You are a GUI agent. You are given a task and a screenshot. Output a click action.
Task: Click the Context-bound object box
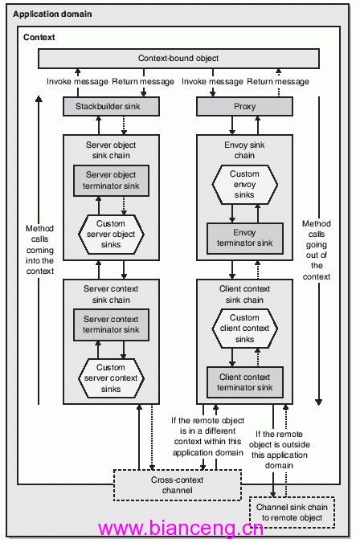(x=178, y=58)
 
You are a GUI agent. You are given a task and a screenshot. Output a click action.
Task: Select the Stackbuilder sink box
(x=111, y=106)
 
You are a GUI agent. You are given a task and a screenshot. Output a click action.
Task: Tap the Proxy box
(x=244, y=106)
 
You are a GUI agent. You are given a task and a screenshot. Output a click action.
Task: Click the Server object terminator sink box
(x=111, y=181)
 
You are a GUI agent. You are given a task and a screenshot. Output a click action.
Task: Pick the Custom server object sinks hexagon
(x=111, y=234)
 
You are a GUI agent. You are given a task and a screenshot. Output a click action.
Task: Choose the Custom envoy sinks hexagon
(x=244, y=184)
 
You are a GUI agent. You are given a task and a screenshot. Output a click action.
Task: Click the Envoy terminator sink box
(x=245, y=238)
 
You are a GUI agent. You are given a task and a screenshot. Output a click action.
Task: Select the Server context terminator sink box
(x=111, y=325)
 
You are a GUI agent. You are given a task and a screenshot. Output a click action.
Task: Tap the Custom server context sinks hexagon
(x=111, y=378)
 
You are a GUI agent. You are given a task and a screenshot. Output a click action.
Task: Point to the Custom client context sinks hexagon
(x=244, y=329)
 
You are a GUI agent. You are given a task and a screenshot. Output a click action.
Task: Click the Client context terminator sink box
(x=245, y=382)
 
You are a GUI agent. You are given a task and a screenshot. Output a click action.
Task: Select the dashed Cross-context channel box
(x=178, y=485)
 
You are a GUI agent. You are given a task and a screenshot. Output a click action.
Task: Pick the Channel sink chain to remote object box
(x=292, y=512)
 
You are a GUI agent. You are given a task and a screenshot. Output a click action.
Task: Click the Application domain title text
(x=52, y=14)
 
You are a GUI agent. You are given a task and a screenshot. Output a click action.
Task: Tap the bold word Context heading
(x=39, y=37)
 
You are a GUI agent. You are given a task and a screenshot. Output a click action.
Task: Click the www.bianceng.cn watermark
(x=181, y=529)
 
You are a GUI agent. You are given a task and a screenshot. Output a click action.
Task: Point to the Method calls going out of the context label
(x=317, y=250)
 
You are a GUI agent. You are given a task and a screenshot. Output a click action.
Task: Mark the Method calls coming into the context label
(x=40, y=250)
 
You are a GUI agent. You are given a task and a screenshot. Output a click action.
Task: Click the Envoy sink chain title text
(x=244, y=150)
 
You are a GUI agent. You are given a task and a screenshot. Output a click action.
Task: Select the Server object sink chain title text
(x=111, y=150)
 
